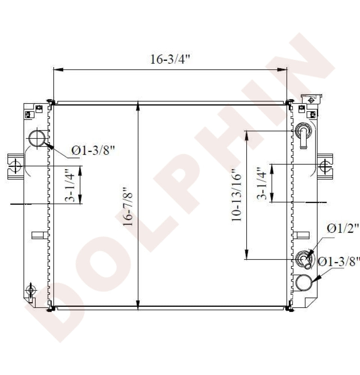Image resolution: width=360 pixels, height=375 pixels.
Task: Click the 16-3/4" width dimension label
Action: tap(170, 59)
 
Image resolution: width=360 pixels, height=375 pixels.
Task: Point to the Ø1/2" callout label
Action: tap(342, 228)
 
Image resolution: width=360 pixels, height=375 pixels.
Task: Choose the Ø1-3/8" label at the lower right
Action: tap(339, 261)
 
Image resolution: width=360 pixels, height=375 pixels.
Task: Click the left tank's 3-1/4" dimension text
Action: tap(70, 185)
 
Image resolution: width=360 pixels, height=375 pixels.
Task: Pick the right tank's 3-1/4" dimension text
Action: tap(262, 183)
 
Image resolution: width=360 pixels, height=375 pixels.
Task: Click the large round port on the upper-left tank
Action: tap(37, 138)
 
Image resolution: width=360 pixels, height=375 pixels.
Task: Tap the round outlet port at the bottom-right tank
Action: tap(304, 282)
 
